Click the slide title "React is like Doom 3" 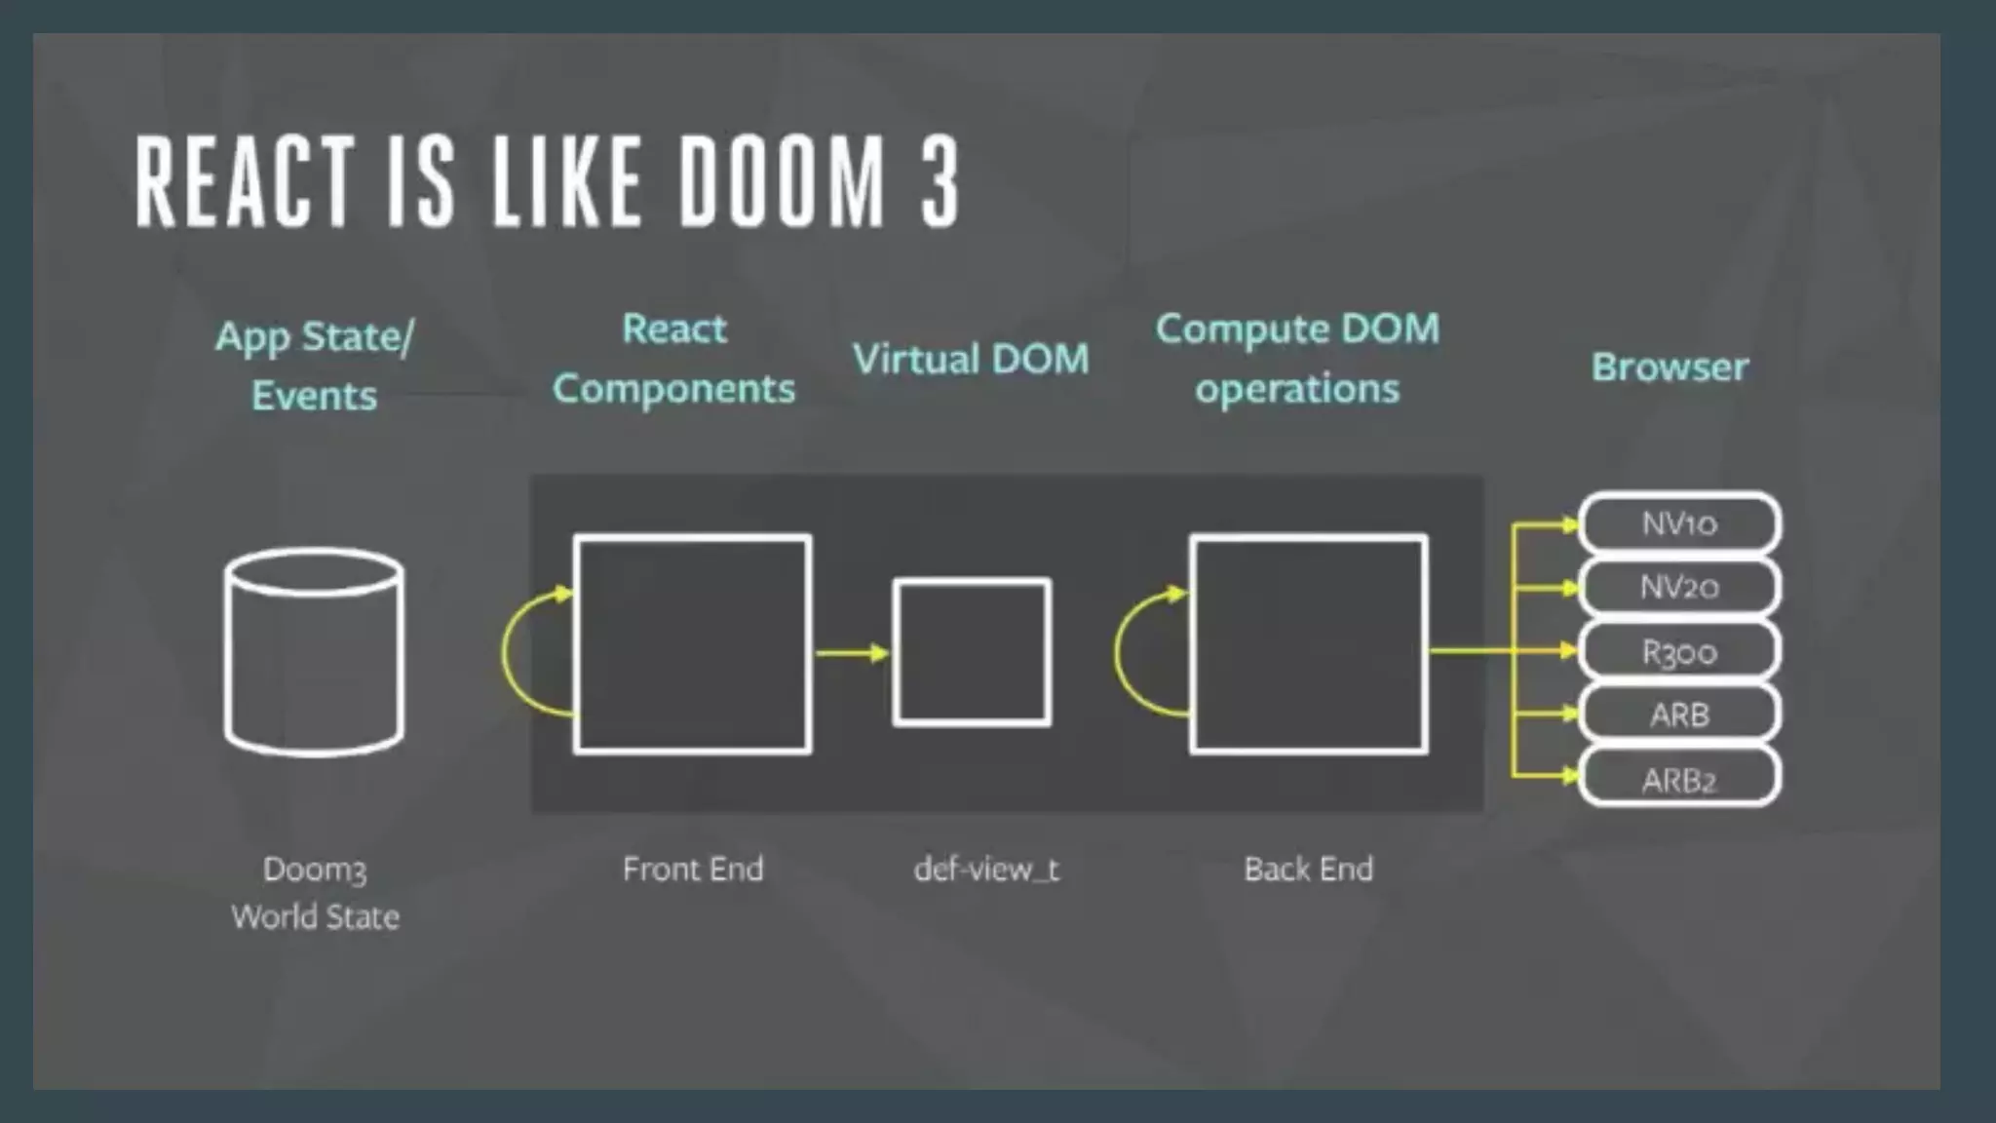546,181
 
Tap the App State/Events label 314,366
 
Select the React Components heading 673,359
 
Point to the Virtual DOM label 971,359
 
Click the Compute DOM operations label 1297,359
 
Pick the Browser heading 1670,367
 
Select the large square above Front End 692,643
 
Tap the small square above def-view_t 972,652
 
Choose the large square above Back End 1309,643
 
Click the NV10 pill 1679,523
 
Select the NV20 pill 1679,587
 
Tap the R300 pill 1679,651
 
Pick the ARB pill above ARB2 1679,715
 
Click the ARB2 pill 1679,779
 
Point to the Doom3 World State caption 315,892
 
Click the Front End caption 693,869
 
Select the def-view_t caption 986,869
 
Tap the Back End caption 1308,869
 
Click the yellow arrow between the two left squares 852,652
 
